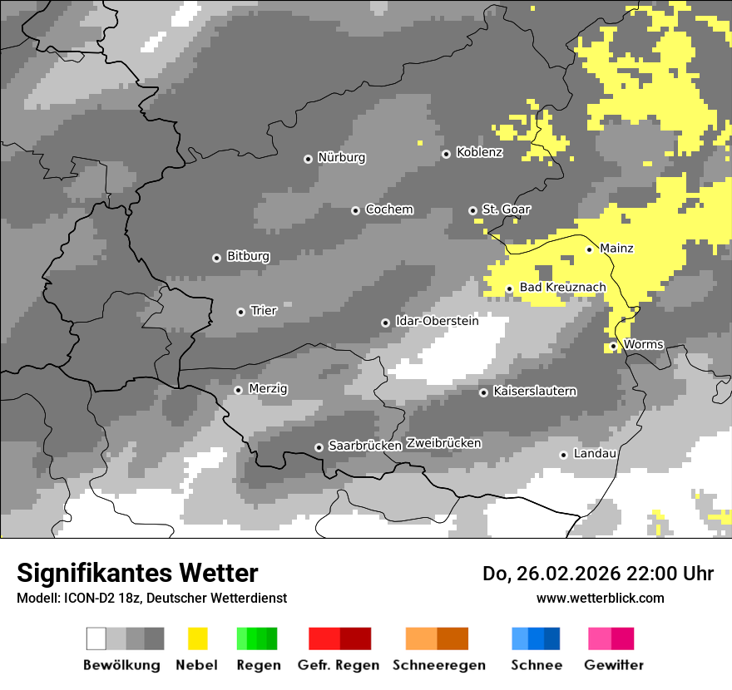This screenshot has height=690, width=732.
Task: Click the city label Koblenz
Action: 479,153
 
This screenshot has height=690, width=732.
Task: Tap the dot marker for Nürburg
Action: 308,159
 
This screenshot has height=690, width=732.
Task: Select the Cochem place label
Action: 388,209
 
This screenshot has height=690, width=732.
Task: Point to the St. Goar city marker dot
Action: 472,210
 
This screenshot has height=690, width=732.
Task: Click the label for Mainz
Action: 616,249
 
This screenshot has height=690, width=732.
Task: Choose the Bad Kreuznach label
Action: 562,288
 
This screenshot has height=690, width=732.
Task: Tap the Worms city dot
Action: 613,346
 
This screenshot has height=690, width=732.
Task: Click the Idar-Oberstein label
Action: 437,321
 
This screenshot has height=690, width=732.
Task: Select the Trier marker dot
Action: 240,312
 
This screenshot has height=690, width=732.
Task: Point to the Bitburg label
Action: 248,257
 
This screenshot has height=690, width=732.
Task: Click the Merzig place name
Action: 268,389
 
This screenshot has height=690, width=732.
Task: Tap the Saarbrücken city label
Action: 365,446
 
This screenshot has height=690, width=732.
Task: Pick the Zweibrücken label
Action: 443,443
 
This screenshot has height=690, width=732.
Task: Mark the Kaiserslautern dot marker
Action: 483,392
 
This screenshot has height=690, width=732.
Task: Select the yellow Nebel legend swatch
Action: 197,638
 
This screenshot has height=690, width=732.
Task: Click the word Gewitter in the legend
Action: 613,665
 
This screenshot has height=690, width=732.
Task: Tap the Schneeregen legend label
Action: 439,665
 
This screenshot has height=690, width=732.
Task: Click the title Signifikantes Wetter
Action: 137,573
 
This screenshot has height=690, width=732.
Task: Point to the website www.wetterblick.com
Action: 600,598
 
